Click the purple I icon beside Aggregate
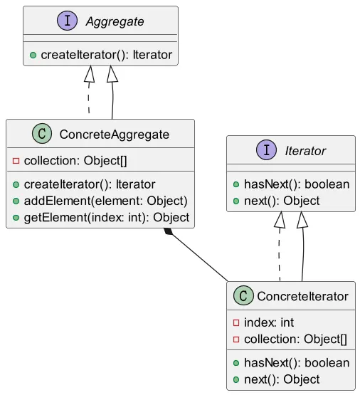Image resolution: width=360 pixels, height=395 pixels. [x=67, y=21]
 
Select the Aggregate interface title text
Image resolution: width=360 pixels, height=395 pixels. [x=115, y=21]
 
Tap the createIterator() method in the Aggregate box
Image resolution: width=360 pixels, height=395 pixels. [x=107, y=55]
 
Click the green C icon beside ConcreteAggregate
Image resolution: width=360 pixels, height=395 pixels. [x=42, y=134]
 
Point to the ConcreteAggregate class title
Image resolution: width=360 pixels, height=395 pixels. [x=115, y=135]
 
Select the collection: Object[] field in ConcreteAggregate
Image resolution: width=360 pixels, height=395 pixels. [x=75, y=161]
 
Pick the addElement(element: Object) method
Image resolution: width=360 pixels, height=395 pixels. [x=106, y=201]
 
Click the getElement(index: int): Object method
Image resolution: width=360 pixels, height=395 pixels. [x=107, y=218]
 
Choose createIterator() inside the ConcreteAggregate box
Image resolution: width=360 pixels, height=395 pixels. [x=90, y=184]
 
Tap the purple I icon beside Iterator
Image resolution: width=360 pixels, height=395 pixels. [x=266, y=150]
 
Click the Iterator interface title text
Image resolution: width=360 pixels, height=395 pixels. [x=305, y=151]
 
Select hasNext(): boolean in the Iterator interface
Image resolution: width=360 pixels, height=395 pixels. [x=297, y=184]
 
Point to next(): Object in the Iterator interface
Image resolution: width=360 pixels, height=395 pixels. [x=282, y=201]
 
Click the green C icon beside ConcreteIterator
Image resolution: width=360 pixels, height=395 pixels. [x=243, y=295]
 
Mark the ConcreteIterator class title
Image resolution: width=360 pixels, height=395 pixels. [x=302, y=296]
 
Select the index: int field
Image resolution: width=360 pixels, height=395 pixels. [x=269, y=322]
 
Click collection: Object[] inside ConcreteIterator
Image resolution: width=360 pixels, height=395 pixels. [x=295, y=339]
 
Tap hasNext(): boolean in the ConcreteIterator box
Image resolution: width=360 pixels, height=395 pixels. [x=297, y=363]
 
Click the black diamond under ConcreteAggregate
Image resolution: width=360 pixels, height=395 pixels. [x=168, y=231]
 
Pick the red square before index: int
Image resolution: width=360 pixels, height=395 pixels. [x=236, y=322]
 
